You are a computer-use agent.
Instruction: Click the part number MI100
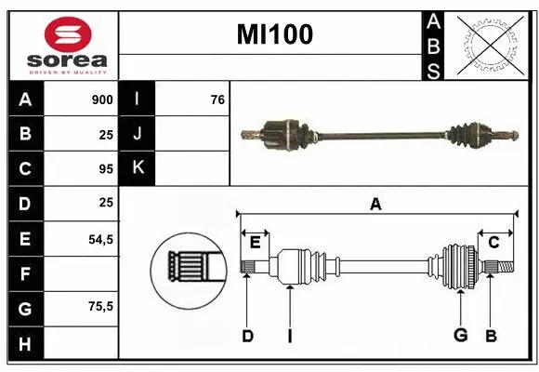click(x=274, y=34)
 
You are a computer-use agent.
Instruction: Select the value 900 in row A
click(x=102, y=100)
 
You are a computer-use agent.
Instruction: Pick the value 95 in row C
click(x=106, y=168)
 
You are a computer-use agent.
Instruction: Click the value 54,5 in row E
click(x=100, y=238)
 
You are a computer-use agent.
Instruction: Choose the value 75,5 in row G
click(x=100, y=306)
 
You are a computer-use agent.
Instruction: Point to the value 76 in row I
click(x=217, y=100)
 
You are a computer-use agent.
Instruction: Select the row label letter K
click(x=138, y=168)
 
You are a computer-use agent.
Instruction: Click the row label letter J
click(x=138, y=134)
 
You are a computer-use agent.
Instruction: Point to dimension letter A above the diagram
click(x=375, y=205)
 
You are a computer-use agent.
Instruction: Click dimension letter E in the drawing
click(x=255, y=243)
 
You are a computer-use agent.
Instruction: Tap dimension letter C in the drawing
click(x=494, y=243)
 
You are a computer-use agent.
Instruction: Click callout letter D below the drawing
click(x=247, y=336)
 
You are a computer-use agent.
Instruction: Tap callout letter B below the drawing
click(x=491, y=336)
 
